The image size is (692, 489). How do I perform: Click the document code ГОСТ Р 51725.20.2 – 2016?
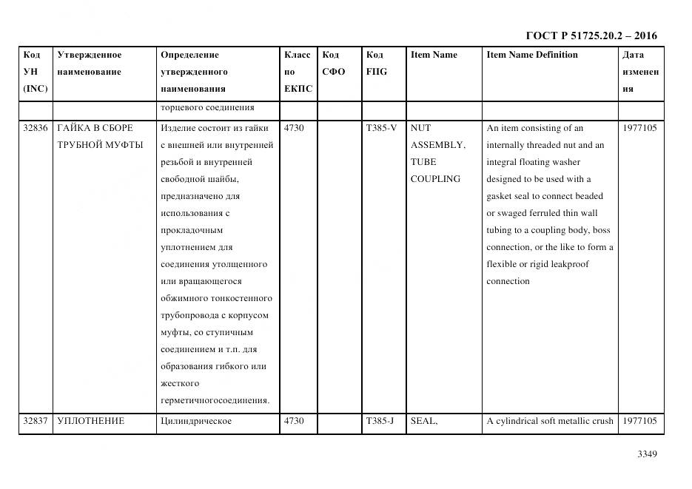click(x=591, y=36)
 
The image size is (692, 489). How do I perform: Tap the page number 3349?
click(x=647, y=454)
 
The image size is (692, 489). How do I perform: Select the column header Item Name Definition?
click(x=532, y=55)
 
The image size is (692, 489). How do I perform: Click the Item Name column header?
click(x=434, y=55)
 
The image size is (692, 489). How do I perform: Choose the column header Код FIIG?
click(x=376, y=64)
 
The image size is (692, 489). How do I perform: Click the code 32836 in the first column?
click(x=36, y=128)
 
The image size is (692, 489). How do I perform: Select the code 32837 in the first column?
click(x=36, y=422)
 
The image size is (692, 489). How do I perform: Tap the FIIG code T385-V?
click(x=381, y=128)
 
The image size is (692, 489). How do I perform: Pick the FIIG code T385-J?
click(x=380, y=422)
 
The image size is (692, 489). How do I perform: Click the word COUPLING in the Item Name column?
click(x=435, y=179)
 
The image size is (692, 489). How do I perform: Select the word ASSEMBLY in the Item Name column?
click(x=437, y=145)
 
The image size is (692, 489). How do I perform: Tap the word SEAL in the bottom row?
click(x=423, y=422)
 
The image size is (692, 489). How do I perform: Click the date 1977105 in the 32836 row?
click(x=639, y=128)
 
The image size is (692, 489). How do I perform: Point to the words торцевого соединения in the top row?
click(x=206, y=108)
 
